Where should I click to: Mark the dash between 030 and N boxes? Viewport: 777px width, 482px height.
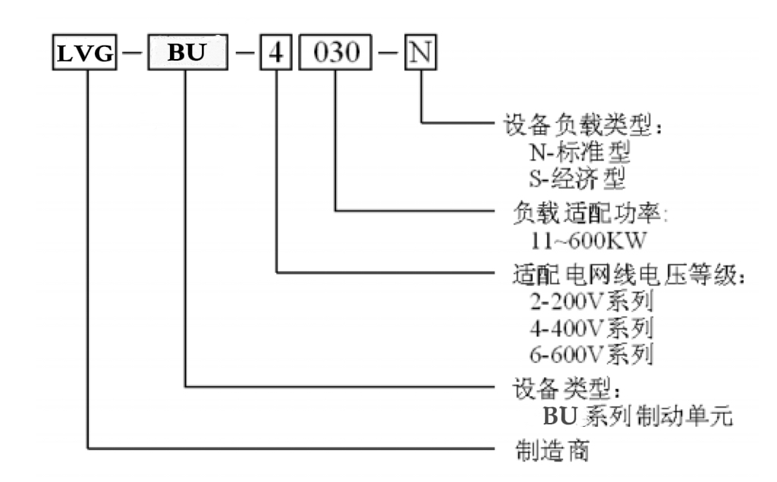(386, 58)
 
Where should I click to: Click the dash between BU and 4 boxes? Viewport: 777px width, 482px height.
(246, 58)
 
